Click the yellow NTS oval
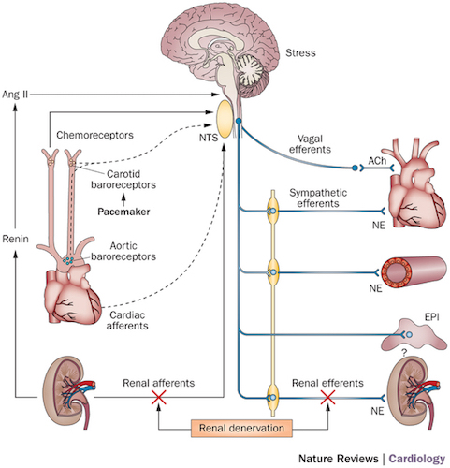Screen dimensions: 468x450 pyautogui.click(x=225, y=118)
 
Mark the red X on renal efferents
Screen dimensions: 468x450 pyautogui.click(x=328, y=399)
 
